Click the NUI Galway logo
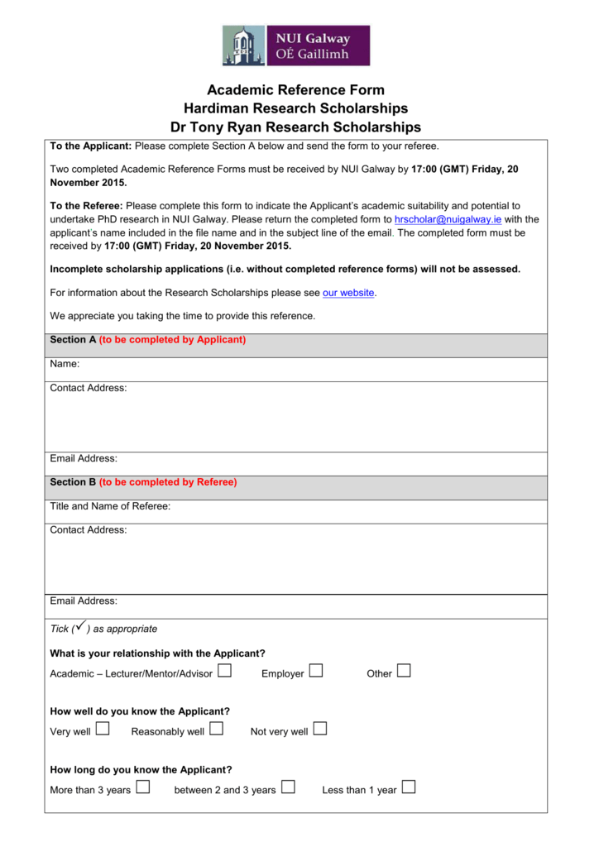pyautogui.click(x=295, y=45)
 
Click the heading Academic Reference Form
pyautogui.click(x=295, y=90)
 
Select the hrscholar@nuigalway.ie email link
pyautogui.click(x=448, y=219)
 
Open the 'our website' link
pyautogui.click(x=348, y=293)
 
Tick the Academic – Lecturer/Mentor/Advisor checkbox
pyautogui.click(x=224, y=672)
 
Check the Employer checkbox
pyautogui.click(x=316, y=672)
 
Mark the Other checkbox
pyautogui.click(x=403, y=672)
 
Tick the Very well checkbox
pyautogui.click(x=103, y=730)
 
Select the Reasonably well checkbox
pyautogui.click(x=216, y=730)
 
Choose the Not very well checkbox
pyautogui.click(x=320, y=730)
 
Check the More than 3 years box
pyautogui.click(x=142, y=787)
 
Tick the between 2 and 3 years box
pyautogui.click(x=288, y=787)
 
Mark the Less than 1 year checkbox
pyautogui.click(x=409, y=787)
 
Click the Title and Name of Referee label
pyautogui.click(x=110, y=506)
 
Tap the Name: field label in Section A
pyautogui.click(x=65, y=364)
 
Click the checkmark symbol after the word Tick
pyautogui.click(x=80, y=628)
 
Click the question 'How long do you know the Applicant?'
pyautogui.click(x=141, y=769)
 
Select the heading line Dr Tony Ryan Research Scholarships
pyautogui.click(x=295, y=127)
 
